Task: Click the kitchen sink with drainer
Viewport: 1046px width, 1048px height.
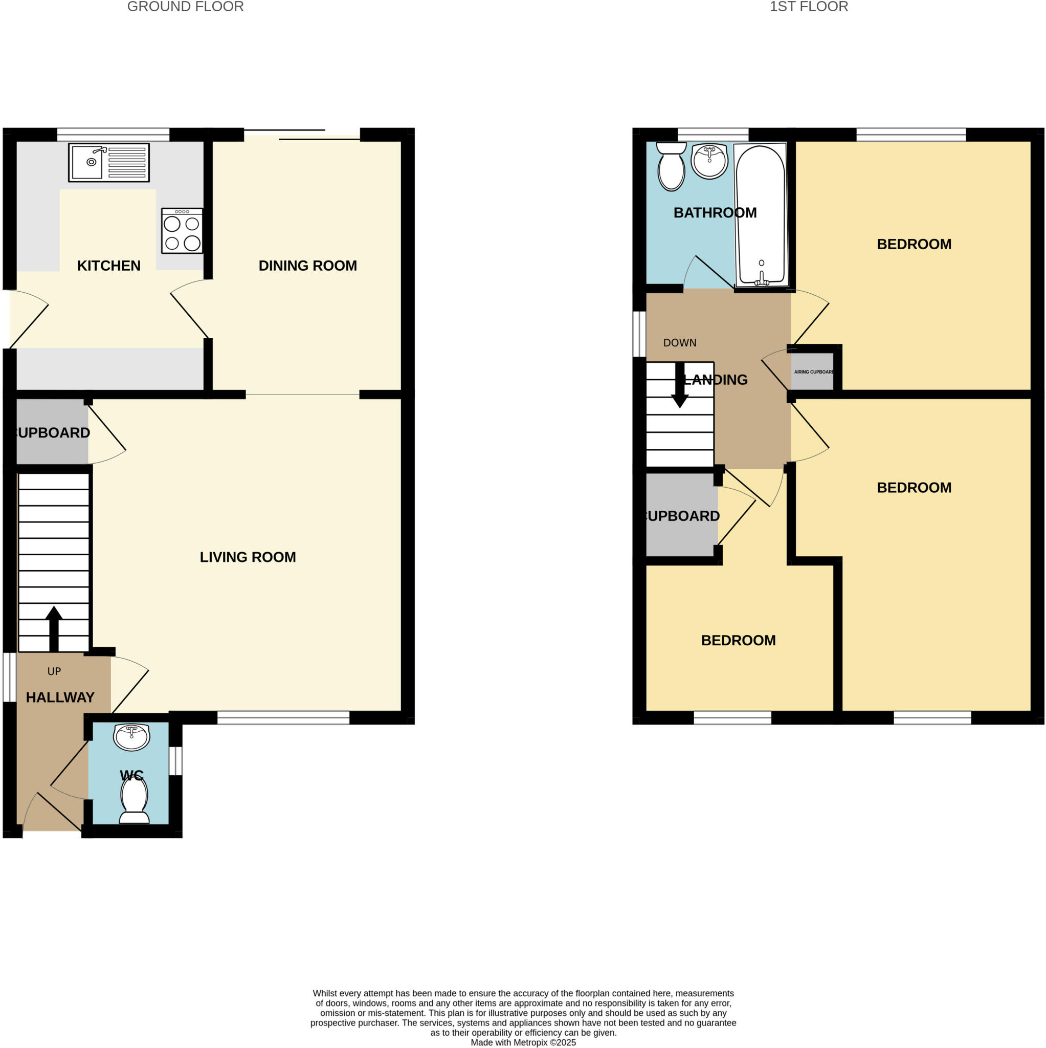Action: coord(108,162)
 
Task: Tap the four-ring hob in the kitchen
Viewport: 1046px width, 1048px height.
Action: coord(182,231)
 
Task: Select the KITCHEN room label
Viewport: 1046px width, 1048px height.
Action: coord(108,265)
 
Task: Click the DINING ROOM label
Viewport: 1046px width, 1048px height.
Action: coord(307,265)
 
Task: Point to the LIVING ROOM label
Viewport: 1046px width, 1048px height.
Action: coord(248,557)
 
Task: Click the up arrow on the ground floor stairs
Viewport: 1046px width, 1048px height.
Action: coord(54,629)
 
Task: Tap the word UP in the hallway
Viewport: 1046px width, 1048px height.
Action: coord(54,671)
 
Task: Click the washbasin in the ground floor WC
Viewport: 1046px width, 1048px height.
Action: coord(131,737)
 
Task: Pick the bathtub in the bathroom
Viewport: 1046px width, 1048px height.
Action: coord(761,214)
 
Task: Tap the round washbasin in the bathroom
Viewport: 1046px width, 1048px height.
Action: coord(709,161)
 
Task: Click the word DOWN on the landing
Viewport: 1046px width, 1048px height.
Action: coord(679,343)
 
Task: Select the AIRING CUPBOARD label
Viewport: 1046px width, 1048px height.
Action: coord(813,372)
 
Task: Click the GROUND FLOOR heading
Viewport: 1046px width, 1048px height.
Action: coord(186,7)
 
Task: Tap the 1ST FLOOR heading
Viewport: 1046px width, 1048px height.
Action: coord(809,7)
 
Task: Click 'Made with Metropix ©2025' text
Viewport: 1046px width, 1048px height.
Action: coord(523,1042)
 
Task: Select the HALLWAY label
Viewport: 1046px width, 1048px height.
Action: coord(60,697)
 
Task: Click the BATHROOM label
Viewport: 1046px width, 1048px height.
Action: coord(715,213)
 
